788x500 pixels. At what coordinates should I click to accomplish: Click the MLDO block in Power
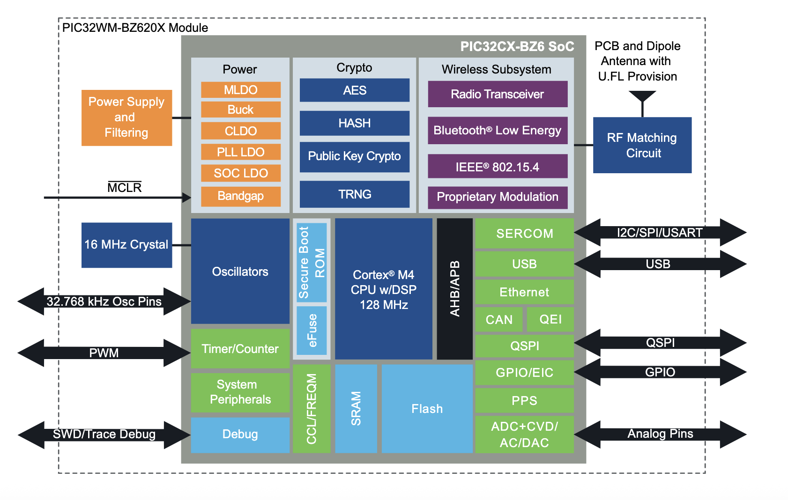(241, 90)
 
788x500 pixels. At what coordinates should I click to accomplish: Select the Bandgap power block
(241, 196)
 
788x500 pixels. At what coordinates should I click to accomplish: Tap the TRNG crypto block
(355, 194)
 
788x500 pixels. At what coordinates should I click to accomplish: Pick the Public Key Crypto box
(355, 156)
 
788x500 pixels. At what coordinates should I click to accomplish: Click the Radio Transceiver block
(498, 94)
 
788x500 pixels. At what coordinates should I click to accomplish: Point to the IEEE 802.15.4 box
(498, 167)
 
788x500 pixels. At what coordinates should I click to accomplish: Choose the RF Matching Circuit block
(642, 145)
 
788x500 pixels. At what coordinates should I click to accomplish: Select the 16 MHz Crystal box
(126, 245)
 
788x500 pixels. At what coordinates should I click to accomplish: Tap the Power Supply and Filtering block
(126, 118)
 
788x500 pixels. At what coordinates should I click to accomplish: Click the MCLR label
(124, 188)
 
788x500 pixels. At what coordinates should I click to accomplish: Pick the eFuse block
(312, 331)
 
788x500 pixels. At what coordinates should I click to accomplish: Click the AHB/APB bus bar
(455, 288)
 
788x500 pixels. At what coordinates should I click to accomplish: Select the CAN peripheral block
(499, 320)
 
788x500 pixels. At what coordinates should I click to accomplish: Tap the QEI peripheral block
(550, 319)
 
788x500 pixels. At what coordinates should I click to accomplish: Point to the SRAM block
(356, 409)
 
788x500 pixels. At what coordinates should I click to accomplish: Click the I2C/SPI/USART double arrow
(660, 232)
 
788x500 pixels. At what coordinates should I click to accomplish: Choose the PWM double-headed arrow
(104, 353)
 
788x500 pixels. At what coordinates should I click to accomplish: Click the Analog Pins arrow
(660, 434)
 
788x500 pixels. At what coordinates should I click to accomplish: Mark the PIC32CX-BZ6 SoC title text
(517, 47)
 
